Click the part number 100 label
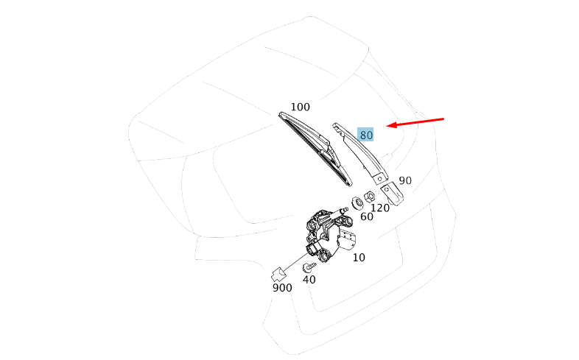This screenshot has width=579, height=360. click(301, 107)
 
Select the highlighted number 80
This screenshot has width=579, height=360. click(365, 135)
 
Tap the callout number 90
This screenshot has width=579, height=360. click(405, 180)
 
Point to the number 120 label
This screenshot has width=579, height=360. click(380, 208)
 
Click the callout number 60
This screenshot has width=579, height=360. click(367, 217)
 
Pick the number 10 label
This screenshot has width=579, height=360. click(359, 258)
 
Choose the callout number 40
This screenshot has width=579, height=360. click(309, 280)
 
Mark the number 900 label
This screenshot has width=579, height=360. click(282, 288)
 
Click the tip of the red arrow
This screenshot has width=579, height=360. click(387, 126)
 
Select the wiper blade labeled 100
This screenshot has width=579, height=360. click(316, 148)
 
